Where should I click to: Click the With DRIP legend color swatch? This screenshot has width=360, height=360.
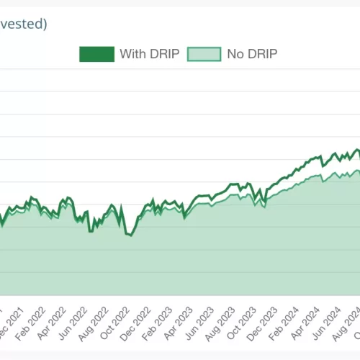[x=96, y=54]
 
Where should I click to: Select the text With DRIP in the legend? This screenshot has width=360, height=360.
[x=147, y=54]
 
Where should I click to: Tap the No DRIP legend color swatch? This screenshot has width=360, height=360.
[x=204, y=54]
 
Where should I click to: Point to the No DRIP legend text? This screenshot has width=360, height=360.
[x=252, y=54]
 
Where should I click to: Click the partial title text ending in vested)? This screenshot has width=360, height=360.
[x=24, y=24]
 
